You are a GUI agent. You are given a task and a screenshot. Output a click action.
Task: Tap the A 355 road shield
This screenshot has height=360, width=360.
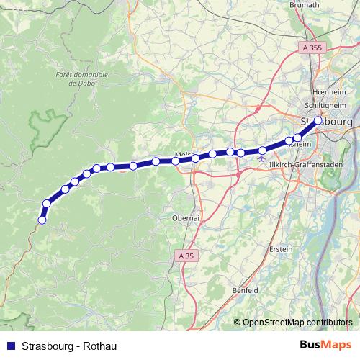pos(312,48)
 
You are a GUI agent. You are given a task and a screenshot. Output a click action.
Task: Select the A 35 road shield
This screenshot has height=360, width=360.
pos(186,255)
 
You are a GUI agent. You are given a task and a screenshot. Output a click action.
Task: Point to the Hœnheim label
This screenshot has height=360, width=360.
pos(330,92)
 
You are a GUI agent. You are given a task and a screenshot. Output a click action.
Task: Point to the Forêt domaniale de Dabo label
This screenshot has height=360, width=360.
pos(81,78)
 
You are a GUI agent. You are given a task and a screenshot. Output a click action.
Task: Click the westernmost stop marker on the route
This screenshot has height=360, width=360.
pos(42,220)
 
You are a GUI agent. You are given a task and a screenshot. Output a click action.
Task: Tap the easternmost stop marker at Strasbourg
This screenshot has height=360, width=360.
pos(318,121)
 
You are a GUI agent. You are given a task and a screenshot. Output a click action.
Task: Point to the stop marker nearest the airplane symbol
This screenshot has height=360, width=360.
pos(262,150)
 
